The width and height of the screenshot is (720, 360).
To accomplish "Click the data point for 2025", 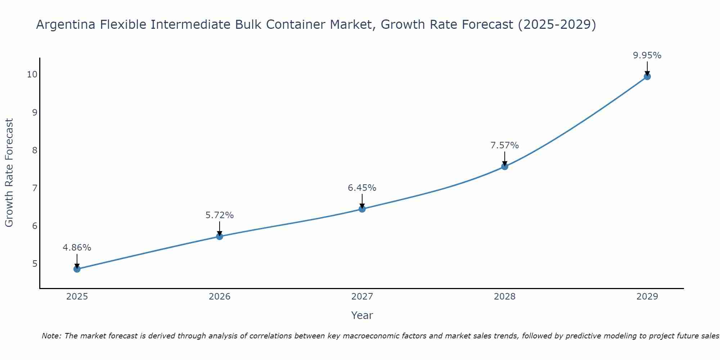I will click(x=77, y=269).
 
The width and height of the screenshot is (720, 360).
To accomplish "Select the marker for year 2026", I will click(x=220, y=237).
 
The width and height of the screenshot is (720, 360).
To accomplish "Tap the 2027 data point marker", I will click(x=362, y=209).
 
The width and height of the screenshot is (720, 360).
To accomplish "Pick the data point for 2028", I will click(x=505, y=166).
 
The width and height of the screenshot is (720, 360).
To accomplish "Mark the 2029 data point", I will click(x=647, y=76).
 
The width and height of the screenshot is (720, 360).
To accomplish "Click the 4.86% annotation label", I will click(x=77, y=248).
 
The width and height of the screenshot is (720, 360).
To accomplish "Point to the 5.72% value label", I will click(x=220, y=215).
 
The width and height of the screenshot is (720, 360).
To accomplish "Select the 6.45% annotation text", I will click(x=362, y=188).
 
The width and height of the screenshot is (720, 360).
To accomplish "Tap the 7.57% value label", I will click(x=505, y=145).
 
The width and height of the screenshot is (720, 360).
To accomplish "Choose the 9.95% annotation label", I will click(x=647, y=55).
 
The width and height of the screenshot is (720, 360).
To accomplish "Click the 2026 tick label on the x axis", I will click(x=220, y=297).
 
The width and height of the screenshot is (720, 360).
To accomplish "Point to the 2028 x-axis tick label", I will click(x=505, y=297).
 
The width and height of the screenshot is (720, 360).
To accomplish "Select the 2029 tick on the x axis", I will click(x=647, y=297).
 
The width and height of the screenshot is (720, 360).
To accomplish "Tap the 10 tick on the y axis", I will click(x=32, y=75).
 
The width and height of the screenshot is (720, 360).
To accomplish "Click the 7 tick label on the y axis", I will click(x=35, y=188).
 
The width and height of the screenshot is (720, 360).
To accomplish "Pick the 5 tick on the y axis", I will click(x=35, y=264).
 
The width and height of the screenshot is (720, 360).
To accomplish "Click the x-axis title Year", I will click(x=362, y=315).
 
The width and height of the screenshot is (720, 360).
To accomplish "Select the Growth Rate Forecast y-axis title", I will click(x=9, y=173).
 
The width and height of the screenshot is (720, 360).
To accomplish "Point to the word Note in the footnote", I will click(x=51, y=336).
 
